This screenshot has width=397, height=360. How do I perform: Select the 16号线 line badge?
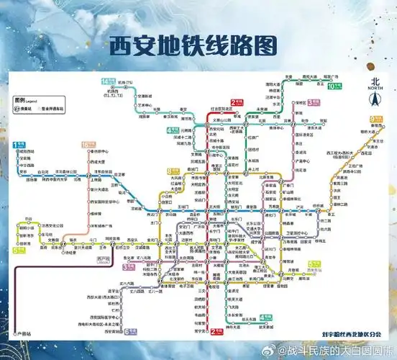[88, 145]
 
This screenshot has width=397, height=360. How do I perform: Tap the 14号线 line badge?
[109, 81]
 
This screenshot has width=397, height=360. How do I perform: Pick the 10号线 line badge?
[334, 86]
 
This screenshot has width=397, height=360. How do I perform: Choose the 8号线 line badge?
[173, 171]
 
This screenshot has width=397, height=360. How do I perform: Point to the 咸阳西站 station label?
[27, 151]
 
